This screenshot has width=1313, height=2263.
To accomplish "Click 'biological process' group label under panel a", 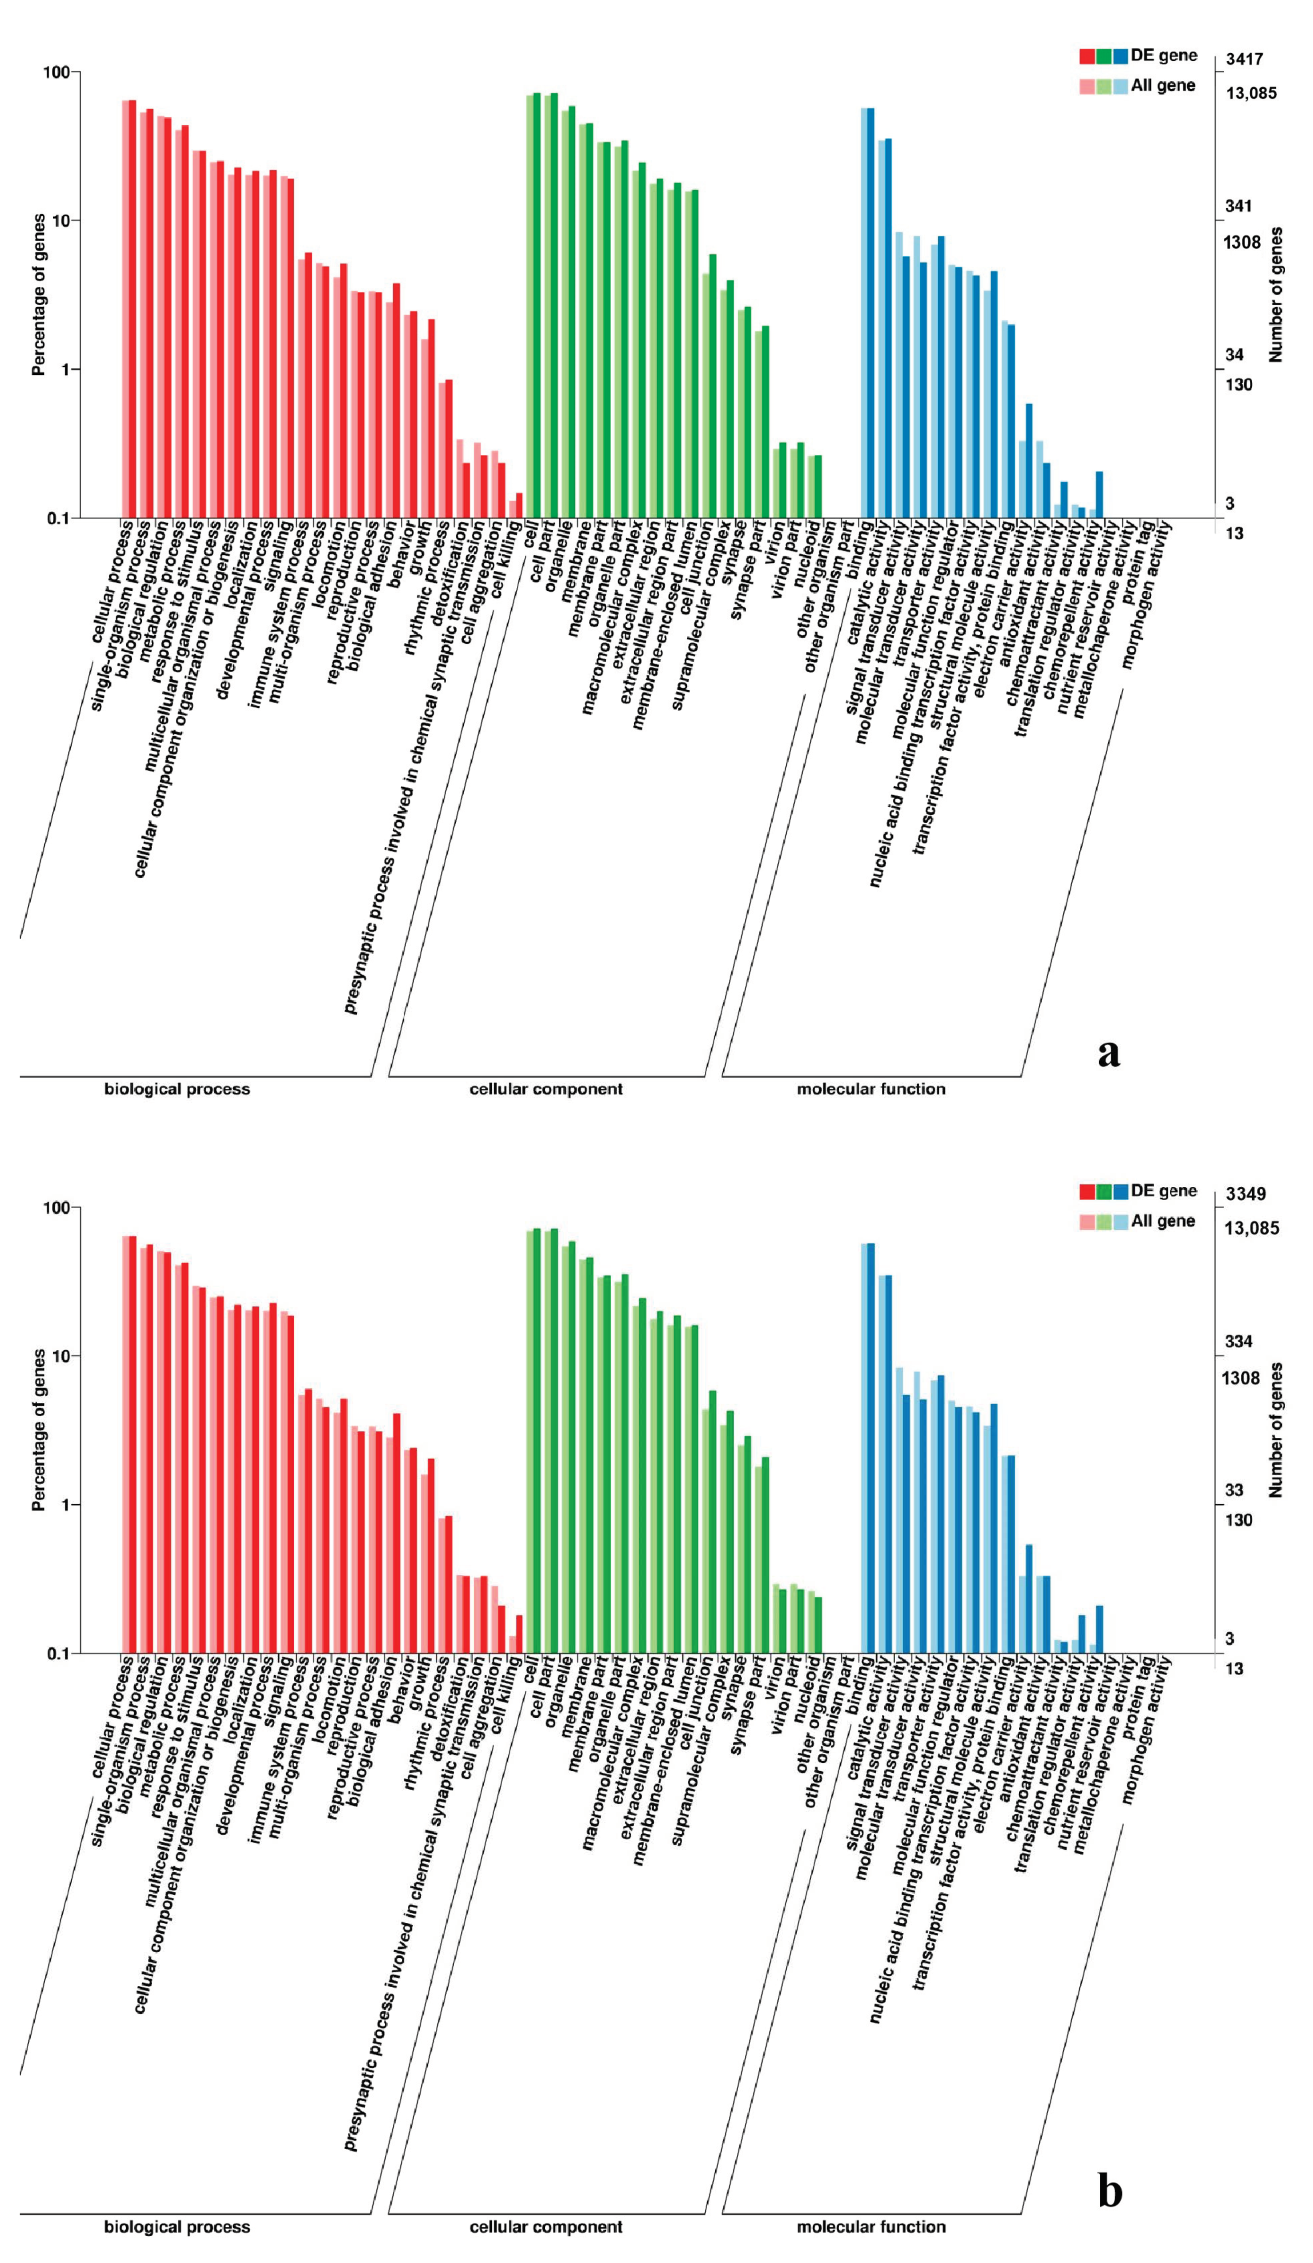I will pyautogui.click(x=177, y=1089).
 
